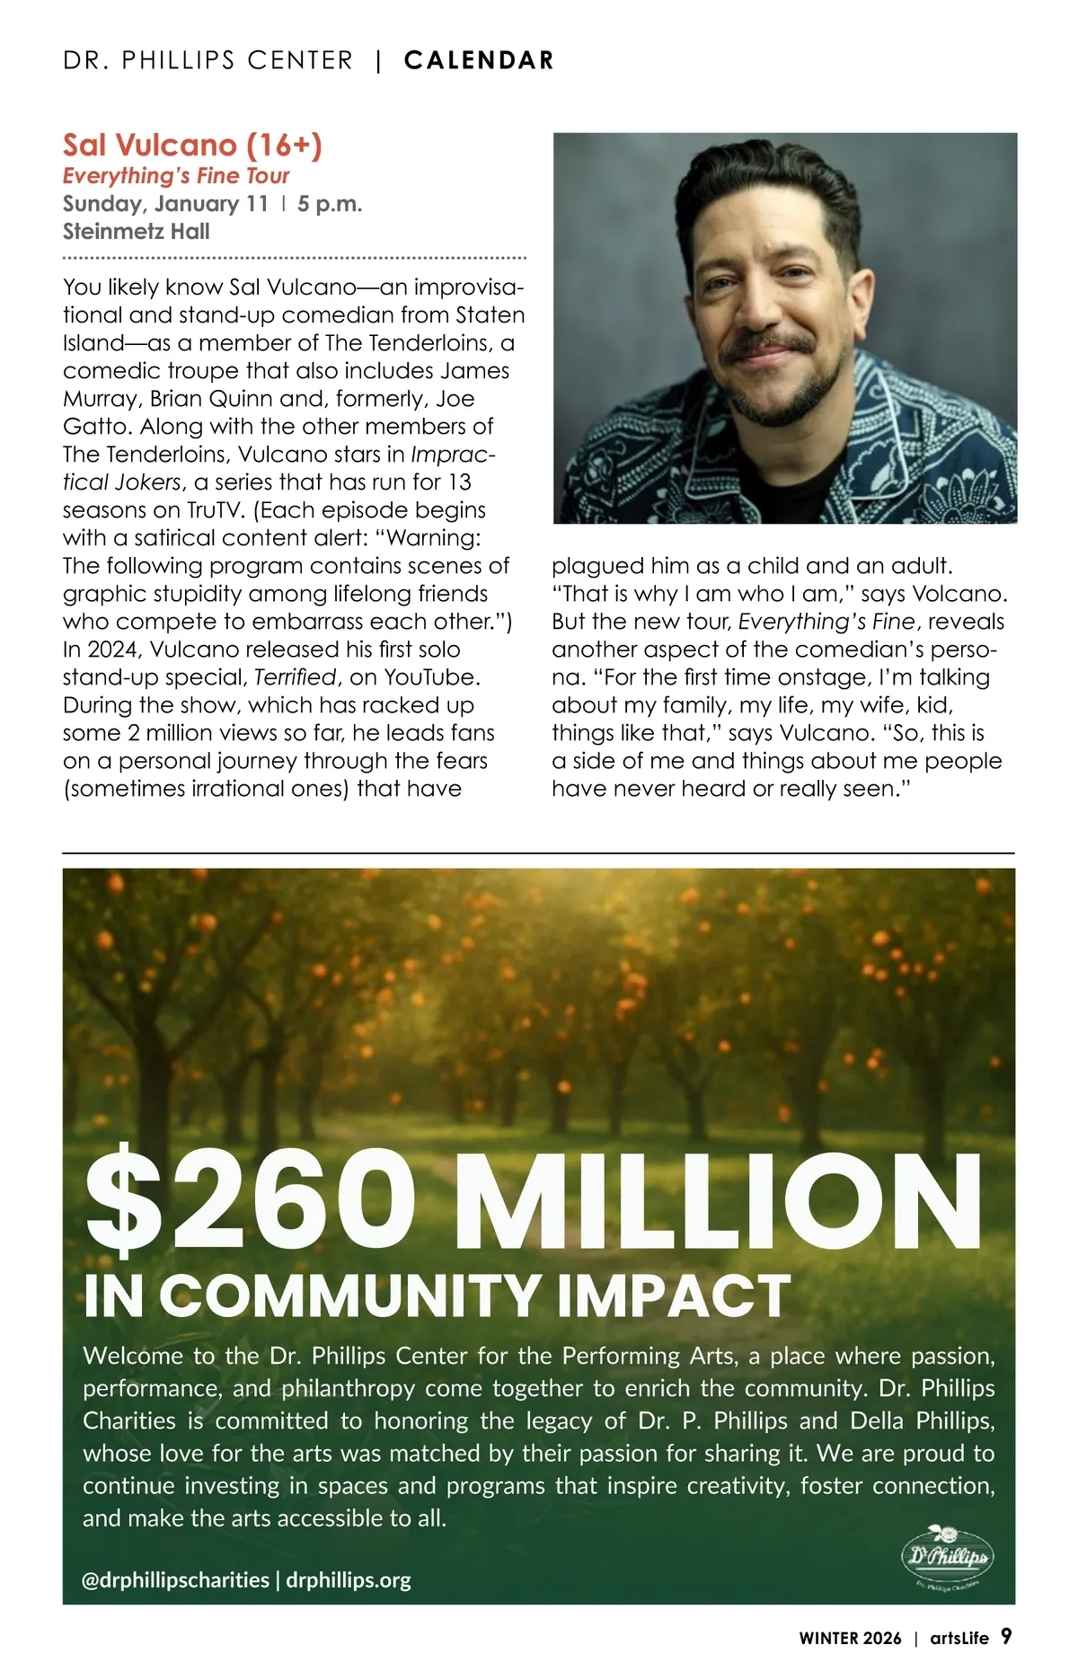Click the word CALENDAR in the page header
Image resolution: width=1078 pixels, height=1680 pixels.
(479, 60)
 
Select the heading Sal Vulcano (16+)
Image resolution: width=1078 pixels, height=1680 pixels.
(192, 145)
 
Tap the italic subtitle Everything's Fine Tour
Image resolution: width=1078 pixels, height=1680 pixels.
(176, 175)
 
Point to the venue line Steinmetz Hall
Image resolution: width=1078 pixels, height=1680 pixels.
(136, 231)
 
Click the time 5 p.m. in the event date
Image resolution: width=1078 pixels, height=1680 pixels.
(330, 203)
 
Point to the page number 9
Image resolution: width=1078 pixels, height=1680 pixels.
(1006, 1636)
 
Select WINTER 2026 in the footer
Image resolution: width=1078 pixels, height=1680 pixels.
(850, 1638)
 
